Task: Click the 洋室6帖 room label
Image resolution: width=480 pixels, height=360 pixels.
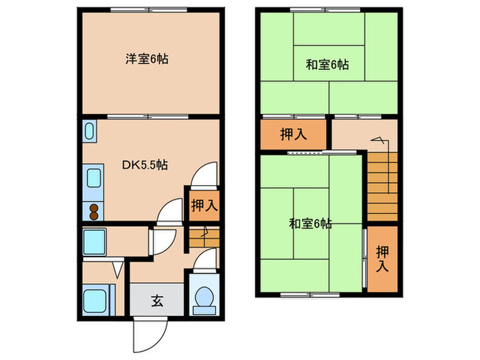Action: (147, 60)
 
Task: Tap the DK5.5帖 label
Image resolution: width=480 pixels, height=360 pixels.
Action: (146, 165)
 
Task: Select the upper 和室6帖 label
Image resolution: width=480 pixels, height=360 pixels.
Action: (327, 65)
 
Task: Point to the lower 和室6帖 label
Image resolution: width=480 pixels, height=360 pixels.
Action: (311, 223)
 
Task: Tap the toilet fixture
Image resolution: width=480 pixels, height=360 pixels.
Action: (204, 298)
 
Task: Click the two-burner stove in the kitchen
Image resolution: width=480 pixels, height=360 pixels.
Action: (93, 211)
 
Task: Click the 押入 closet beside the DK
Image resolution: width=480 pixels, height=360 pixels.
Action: (203, 204)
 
